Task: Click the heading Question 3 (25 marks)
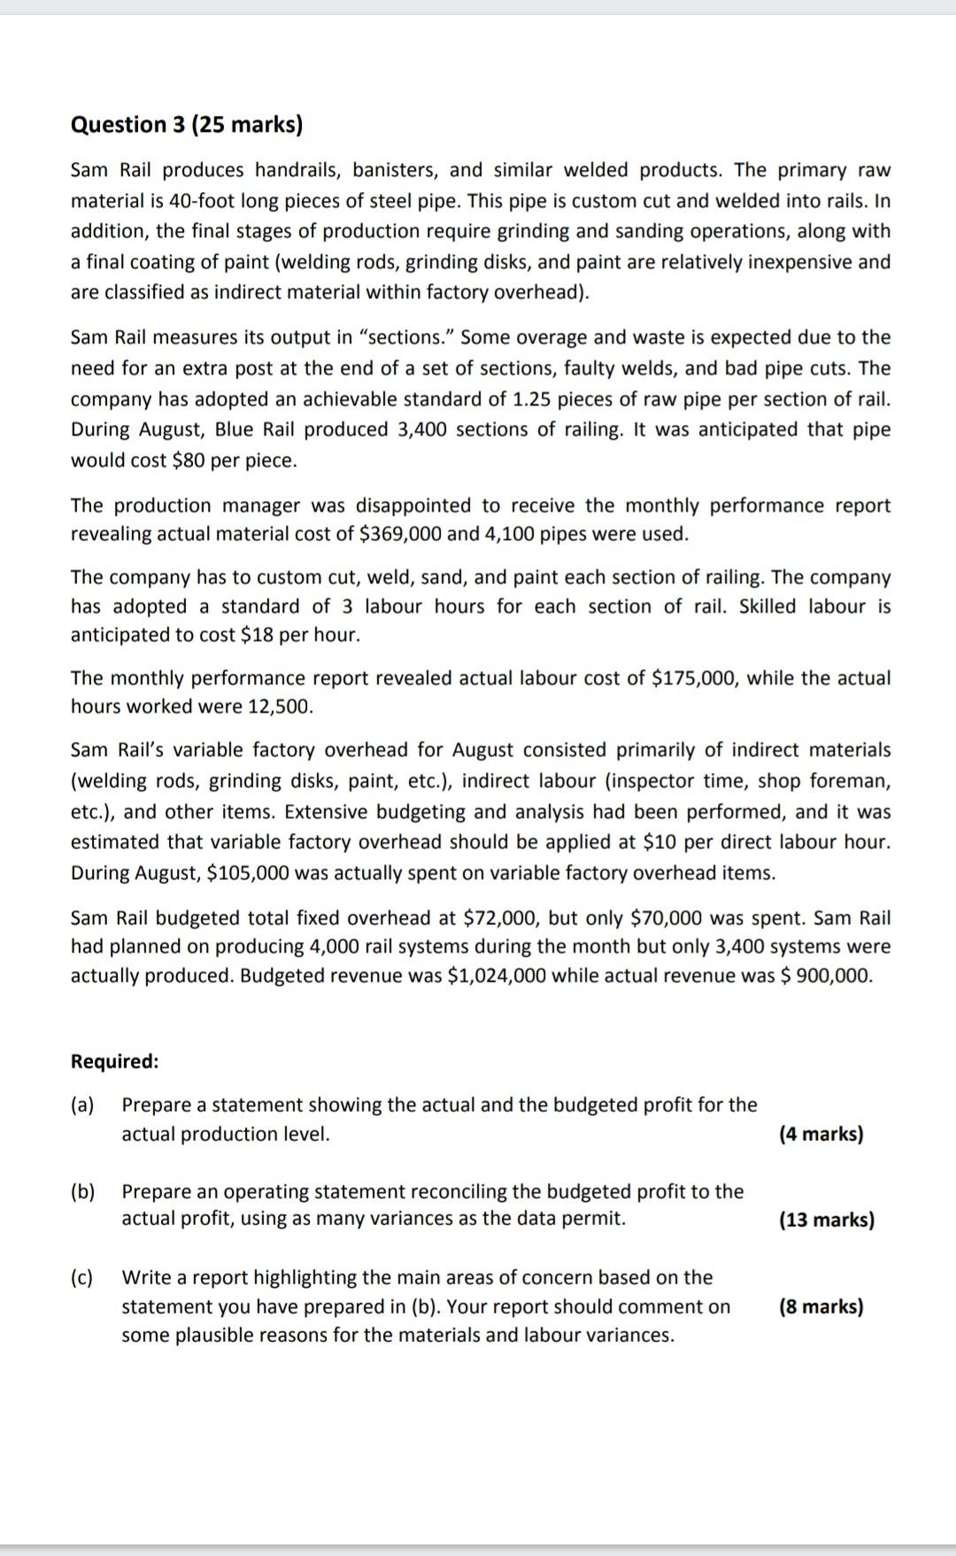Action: [x=186, y=125]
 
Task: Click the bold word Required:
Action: [x=115, y=1061]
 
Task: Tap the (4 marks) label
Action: [x=821, y=1134]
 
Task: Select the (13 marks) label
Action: [x=826, y=1220]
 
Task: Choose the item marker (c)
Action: [x=82, y=1277]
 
